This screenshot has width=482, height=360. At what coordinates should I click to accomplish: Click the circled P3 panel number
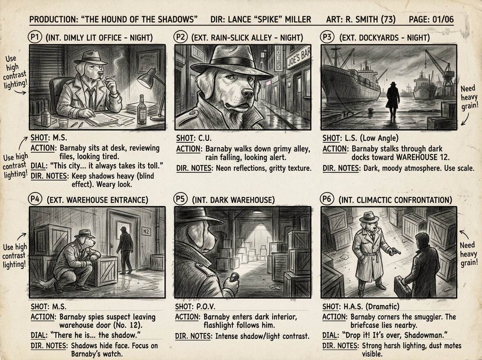327,37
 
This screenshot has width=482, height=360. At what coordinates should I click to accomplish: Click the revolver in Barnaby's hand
394,251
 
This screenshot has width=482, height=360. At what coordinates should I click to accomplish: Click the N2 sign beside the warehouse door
146,231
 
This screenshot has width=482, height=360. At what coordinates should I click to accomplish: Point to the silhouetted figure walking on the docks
392,100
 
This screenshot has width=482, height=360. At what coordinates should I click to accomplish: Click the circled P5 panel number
180,199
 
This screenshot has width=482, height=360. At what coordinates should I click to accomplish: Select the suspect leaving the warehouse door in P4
126,250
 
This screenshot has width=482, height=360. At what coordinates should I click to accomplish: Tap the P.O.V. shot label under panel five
206,307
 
